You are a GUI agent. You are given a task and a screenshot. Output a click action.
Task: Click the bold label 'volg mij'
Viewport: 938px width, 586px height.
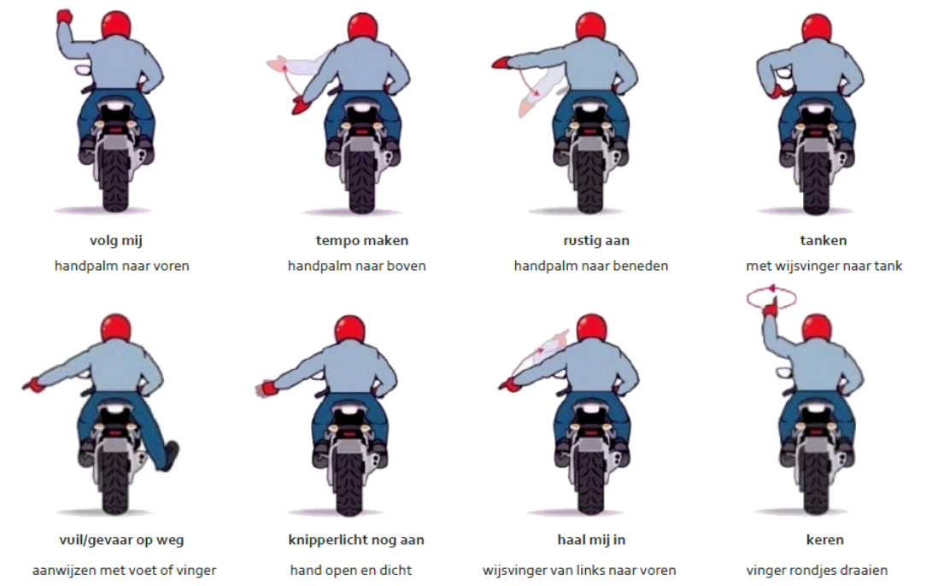(x=116, y=241)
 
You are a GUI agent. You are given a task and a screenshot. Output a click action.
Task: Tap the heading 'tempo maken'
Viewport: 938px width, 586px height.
(x=362, y=240)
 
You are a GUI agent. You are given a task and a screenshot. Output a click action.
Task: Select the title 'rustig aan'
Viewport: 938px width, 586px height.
(x=596, y=241)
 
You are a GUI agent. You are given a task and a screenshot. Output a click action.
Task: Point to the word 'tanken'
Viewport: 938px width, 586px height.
(x=824, y=240)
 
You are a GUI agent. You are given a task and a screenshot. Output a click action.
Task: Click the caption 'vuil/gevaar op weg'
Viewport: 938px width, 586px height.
(x=121, y=541)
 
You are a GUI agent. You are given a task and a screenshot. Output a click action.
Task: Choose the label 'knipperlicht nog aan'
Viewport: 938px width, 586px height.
(x=356, y=541)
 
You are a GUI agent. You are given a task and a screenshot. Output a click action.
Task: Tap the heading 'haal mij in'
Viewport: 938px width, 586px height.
(x=591, y=540)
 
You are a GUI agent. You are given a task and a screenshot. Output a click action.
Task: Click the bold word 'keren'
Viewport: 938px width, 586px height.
(x=825, y=540)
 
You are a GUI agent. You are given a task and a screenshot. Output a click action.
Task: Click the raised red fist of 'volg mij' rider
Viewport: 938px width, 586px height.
(x=64, y=16)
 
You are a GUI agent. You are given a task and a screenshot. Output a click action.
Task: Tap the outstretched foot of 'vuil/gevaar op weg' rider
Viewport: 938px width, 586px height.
(x=171, y=455)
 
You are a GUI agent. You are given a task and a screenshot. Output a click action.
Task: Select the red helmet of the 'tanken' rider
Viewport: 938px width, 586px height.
(x=816, y=31)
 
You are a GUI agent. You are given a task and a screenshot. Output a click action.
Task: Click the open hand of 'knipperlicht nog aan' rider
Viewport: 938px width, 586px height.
(x=265, y=388)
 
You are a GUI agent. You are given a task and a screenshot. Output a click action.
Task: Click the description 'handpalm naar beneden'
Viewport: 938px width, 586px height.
(x=591, y=267)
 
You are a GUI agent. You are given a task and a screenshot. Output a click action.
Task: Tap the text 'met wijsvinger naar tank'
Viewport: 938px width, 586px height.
(x=824, y=267)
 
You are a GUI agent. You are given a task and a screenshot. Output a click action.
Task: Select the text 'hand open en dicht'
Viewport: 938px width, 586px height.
(x=350, y=571)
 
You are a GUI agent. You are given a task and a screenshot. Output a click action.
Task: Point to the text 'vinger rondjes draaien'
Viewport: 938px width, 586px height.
(x=817, y=571)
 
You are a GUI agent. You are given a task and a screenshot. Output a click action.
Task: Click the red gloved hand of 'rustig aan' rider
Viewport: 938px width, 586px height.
(x=501, y=62)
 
